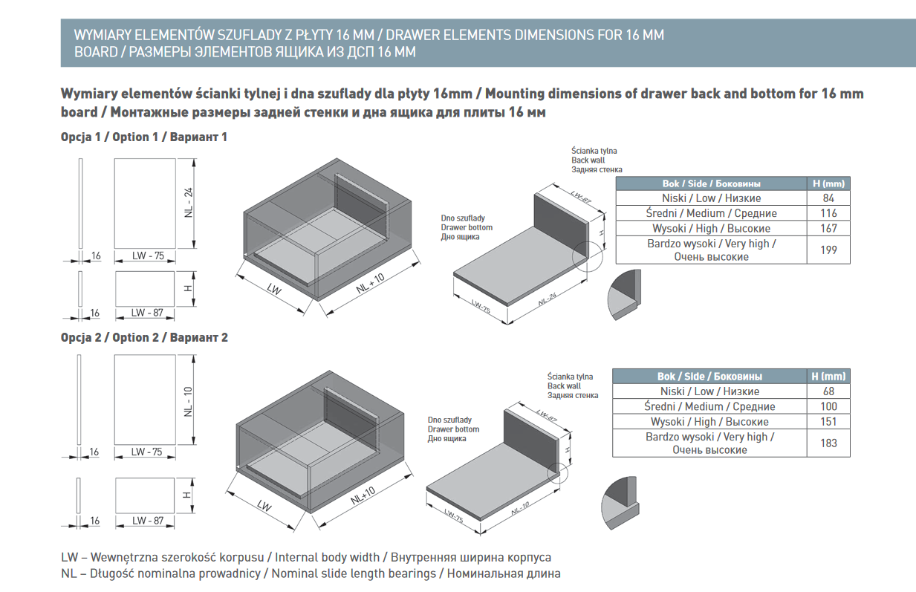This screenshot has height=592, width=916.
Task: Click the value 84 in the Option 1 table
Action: [x=828, y=198]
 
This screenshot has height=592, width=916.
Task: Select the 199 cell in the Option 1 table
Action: [x=828, y=250]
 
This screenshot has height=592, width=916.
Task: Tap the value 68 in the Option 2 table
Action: [x=828, y=391]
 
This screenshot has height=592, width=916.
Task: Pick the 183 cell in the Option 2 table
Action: [x=828, y=443]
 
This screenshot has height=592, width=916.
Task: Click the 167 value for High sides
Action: [x=828, y=229]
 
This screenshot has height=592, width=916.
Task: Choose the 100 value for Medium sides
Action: [x=828, y=406]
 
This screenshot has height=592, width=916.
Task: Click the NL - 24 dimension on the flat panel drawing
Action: [x=189, y=202]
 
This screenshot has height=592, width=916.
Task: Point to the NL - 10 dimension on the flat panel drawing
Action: [x=189, y=401]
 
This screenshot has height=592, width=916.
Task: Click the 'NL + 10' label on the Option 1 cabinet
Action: [x=369, y=283]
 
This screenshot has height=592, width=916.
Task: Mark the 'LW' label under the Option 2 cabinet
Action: [x=264, y=506]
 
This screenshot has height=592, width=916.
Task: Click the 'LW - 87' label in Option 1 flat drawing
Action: [x=148, y=313]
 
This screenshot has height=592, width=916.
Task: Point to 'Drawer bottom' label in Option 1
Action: [x=467, y=227]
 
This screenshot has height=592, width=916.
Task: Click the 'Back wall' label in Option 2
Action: [x=565, y=386]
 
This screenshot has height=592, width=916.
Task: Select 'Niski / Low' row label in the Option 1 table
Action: [x=711, y=198]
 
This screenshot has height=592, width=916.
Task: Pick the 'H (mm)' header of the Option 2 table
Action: [x=828, y=377]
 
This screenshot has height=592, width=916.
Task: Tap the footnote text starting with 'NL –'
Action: [x=311, y=573]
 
